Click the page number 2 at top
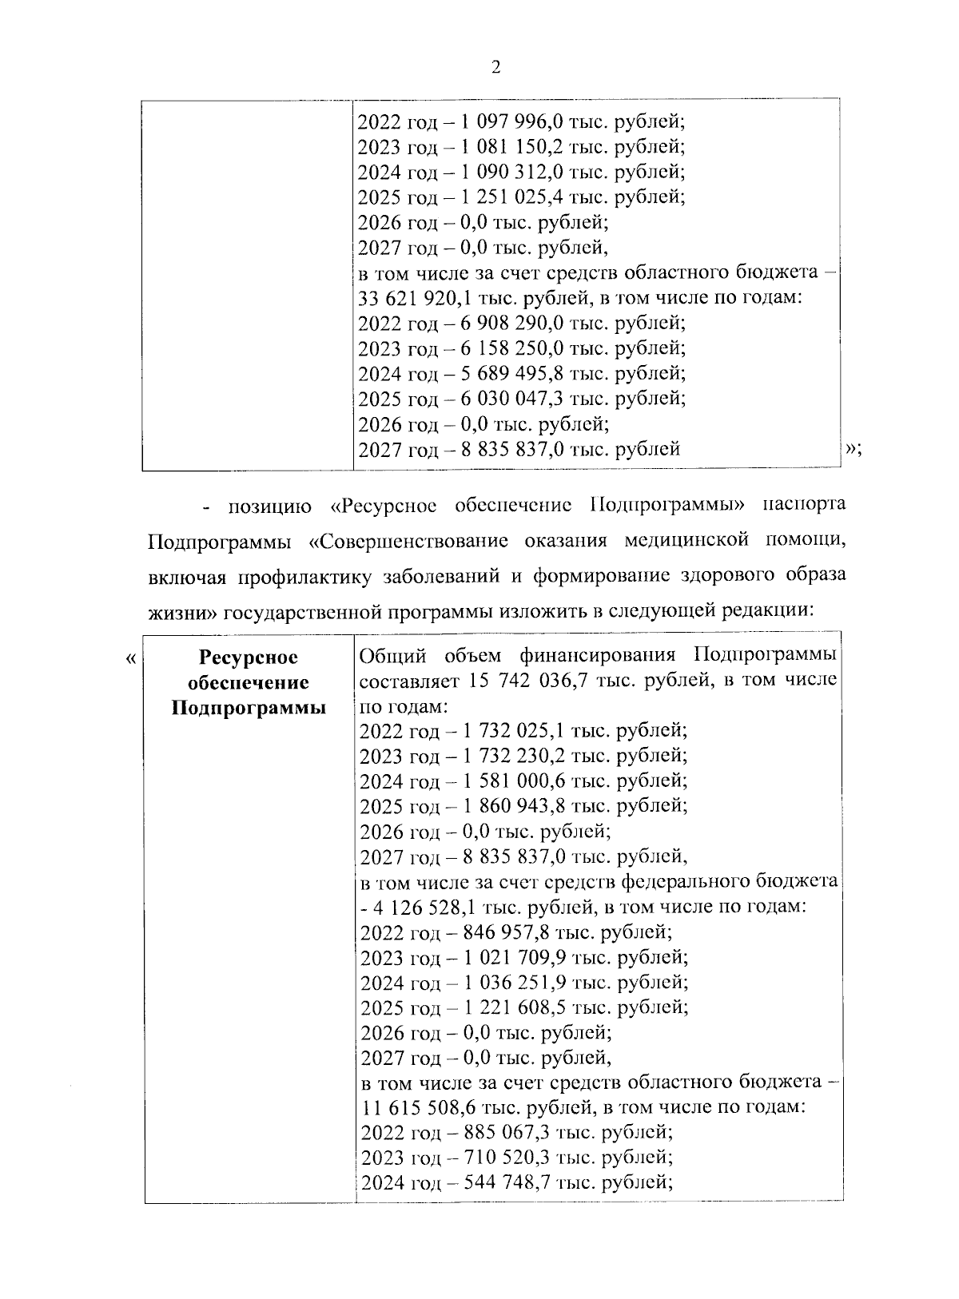point(495,68)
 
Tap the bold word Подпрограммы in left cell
point(248,708)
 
